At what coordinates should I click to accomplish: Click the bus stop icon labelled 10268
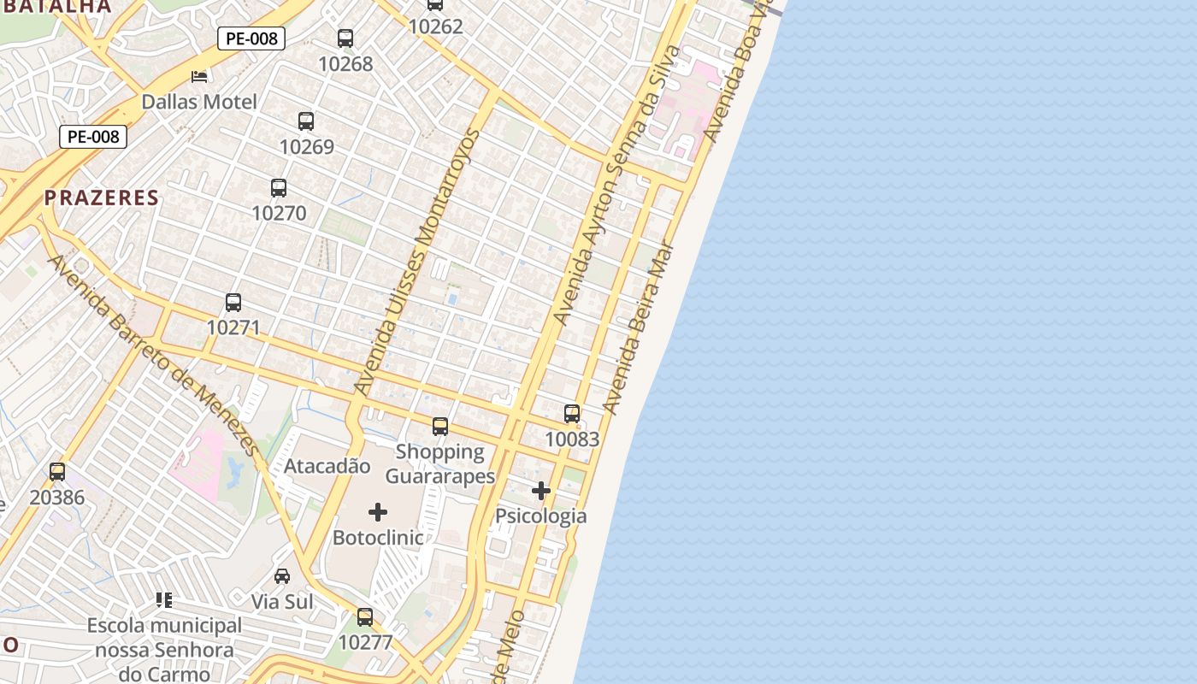tap(345, 38)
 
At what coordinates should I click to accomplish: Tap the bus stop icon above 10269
tap(306, 121)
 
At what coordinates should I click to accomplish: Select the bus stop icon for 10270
tap(279, 188)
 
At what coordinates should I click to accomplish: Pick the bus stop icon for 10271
tap(233, 303)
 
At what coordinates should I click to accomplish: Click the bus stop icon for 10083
tap(572, 414)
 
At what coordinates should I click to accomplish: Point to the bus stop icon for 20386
tap(57, 472)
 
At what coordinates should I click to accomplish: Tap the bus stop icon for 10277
tap(365, 617)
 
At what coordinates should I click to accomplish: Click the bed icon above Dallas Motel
tap(199, 77)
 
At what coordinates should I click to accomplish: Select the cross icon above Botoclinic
tap(378, 512)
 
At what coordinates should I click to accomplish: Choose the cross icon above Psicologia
tap(541, 491)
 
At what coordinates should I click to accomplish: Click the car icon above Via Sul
tap(282, 576)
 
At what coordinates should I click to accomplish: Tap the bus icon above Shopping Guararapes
tap(440, 427)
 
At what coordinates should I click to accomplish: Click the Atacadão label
tap(327, 467)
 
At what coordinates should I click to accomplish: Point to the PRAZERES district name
tap(102, 198)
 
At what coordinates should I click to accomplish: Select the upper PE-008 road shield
tap(251, 38)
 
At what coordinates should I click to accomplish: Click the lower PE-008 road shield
tap(93, 137)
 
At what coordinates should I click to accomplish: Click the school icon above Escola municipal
tap(164, 600)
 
